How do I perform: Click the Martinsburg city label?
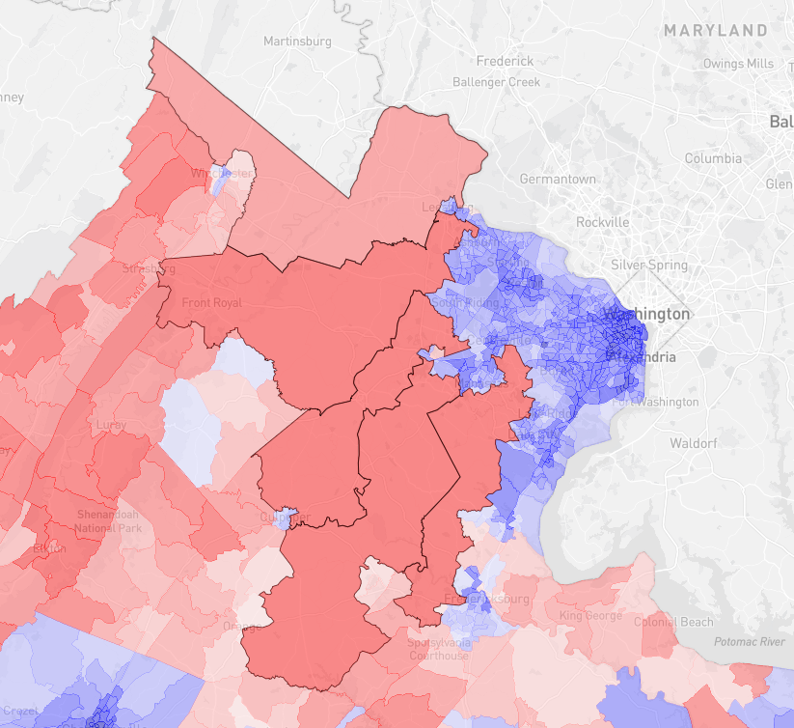coord(297,42)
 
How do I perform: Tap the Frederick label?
coord(506,62)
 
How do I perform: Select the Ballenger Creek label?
coord(496,82)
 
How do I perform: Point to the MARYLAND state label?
coord(715,31)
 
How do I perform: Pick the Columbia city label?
coord(713,158)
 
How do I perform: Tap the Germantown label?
coord(558,180)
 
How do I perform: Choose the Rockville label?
coord(602,222)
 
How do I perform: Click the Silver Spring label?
coord(649,265)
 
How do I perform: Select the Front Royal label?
coord(208,303)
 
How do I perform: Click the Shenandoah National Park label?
coord(109,521)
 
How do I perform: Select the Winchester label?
coord(225,174)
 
